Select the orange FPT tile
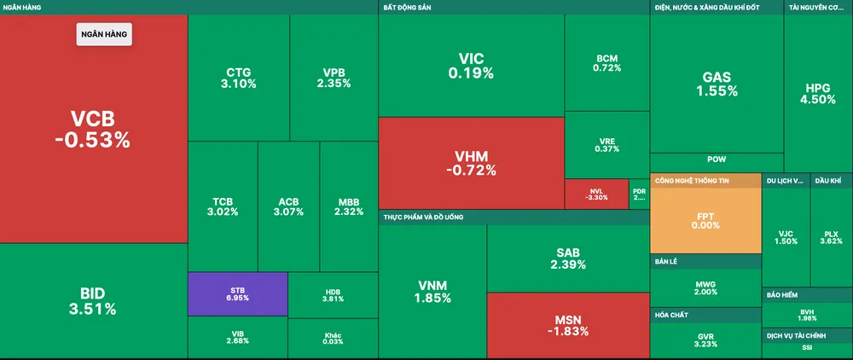(x=705, y=221)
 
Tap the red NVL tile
(x=596, y=194)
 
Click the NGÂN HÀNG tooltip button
(x=104, y=33)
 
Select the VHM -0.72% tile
(x=471, y=163)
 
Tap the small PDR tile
(x=639, y=194)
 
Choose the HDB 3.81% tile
(x=333, y=294)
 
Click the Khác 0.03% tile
(x=333, y=338)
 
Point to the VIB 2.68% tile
(x=238, y=338)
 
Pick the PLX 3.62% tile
(x=831, y=236)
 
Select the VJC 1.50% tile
(x=786, y=236)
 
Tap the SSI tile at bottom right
(x=807, y=348)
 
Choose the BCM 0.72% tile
(x=606, y=63)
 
